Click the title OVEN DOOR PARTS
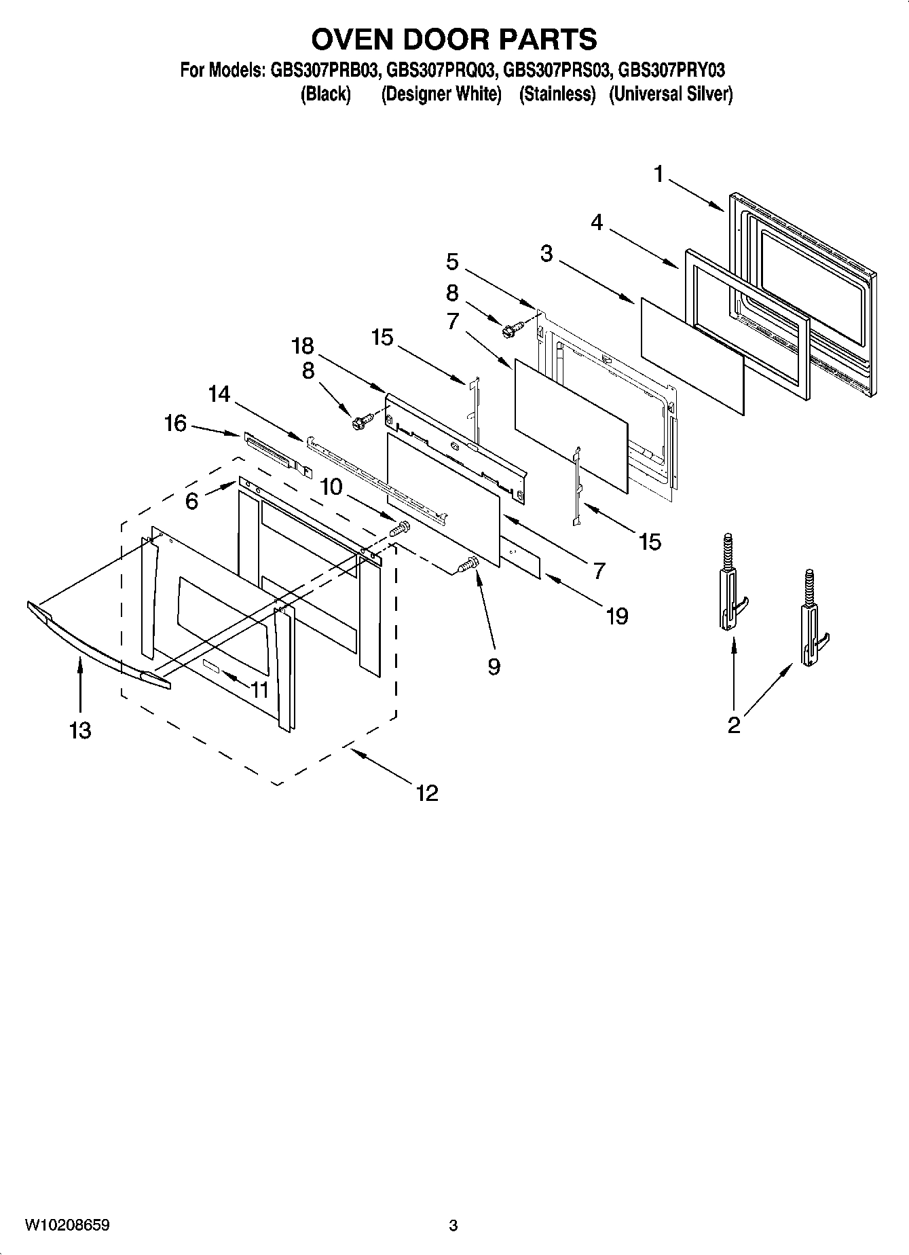[454, 39]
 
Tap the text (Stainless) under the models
[557, 94]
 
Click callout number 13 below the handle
[80, 730]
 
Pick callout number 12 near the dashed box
[427, 792]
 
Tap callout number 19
[616, 616]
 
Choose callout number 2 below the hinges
[733, 725]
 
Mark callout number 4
[597, 222]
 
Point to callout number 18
[303, 346]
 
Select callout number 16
[175, 424]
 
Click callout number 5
[452, 261]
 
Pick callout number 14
[219, 394]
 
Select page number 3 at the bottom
[453, 1225]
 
